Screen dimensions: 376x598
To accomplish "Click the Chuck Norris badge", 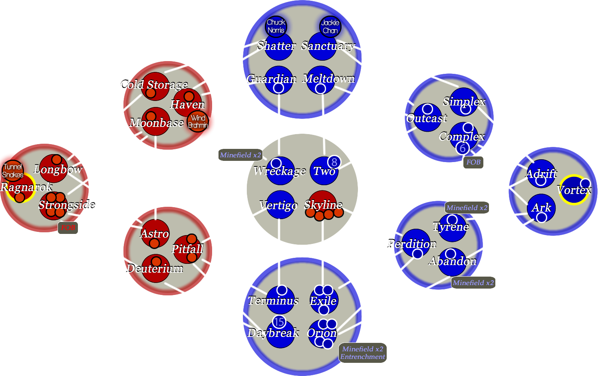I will click(276, 26).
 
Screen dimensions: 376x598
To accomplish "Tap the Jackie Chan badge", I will click(330, 27).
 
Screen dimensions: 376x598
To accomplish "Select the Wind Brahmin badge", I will click(198, 121).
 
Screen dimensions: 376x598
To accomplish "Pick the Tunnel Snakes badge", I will click(12, 171).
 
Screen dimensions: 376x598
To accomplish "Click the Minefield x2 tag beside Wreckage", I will click(240, 155).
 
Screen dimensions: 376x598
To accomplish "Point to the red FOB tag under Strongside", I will click(68, 228).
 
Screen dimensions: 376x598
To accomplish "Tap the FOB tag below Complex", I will click(473, 162).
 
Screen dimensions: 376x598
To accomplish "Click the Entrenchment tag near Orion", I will click(363, 357).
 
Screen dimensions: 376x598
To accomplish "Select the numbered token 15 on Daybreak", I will click(279, 322).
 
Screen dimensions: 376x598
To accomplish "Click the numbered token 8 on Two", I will click(334, 162).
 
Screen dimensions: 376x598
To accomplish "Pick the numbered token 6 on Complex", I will click(463, 148).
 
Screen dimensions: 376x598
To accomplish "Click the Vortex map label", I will click(574, 190).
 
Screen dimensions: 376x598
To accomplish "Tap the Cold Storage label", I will click(154, 85).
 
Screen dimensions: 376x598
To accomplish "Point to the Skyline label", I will click(323, 205).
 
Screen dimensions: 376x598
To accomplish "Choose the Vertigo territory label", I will click(278, 205).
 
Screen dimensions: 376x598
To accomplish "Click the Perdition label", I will click(412, 243).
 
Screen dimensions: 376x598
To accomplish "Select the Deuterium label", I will click(155, 268).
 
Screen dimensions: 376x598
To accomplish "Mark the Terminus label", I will click(273, 300).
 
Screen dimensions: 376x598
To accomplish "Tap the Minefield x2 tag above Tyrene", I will click(467, 208).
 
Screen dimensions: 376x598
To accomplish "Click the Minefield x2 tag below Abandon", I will click(473, 283).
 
